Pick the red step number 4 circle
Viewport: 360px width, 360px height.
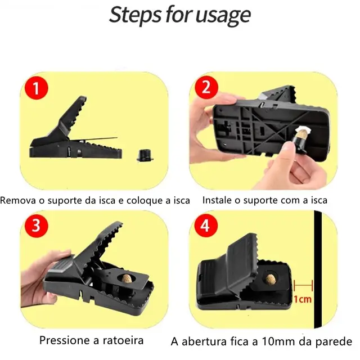point(205,226)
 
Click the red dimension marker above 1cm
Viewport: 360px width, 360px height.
point(302,286)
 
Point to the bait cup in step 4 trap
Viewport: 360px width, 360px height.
point(271,277)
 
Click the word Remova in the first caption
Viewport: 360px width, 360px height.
point(19,200)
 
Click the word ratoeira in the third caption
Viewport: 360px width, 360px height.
point(124,340)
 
